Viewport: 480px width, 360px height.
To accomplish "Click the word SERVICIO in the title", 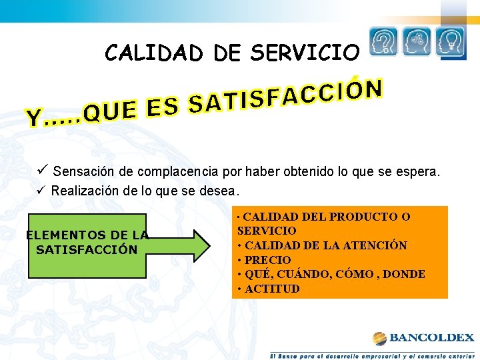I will (305, 53).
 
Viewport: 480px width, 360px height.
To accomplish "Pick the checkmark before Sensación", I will (44, 171).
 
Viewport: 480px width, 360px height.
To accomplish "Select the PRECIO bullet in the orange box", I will (264, 260).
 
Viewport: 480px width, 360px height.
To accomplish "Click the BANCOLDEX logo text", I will (431, 338).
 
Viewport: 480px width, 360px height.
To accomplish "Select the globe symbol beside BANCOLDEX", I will (379, 338).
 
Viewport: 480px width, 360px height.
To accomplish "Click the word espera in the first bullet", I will (419, 172).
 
